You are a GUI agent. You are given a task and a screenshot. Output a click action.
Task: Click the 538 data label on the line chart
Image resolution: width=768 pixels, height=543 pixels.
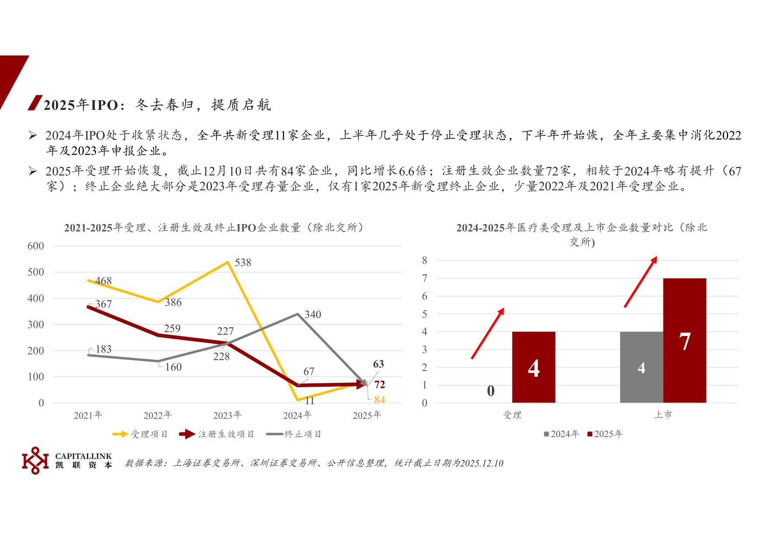[243, 263]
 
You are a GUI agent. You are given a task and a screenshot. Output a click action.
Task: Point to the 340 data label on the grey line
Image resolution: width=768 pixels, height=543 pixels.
[313, 315]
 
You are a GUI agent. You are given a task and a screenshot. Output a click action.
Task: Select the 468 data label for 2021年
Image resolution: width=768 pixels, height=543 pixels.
[103, 281]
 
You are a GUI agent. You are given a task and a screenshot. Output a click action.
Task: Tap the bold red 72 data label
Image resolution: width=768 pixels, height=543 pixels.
[380, 385]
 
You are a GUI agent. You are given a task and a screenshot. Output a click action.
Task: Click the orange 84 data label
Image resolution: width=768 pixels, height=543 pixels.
[380, 399]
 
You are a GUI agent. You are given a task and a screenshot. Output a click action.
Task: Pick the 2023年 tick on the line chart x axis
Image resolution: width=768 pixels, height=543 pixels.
[227, 415]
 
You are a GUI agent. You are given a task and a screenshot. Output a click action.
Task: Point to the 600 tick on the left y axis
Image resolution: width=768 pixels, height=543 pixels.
[35, 246]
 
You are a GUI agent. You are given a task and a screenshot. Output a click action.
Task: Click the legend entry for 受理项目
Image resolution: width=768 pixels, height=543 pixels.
[140, 434]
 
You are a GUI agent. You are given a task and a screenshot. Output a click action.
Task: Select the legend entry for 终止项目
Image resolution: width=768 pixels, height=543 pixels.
[294, 434]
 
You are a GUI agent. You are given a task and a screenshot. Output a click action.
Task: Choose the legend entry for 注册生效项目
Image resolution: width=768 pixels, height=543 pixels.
[217, 434]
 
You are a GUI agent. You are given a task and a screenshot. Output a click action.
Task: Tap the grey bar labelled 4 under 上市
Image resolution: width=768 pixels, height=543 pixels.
[641, 368]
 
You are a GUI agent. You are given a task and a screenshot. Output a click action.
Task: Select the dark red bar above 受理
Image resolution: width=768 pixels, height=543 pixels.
[533, 368]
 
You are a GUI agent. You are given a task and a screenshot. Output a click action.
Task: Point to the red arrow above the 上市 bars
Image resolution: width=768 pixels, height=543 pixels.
[641, 282]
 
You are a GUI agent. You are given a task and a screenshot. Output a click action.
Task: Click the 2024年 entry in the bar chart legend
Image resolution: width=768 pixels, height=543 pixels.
[561, 434]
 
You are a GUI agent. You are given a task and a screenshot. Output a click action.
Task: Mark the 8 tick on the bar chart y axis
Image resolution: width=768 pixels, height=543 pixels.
[424, 260]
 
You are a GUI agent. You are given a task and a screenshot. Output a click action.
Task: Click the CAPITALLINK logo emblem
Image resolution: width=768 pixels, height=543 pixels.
[35, 460]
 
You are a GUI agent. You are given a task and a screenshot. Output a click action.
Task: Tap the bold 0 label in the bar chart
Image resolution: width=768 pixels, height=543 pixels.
[491, 391]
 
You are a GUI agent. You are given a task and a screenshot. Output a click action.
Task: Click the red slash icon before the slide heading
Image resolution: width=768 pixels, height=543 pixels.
[35, 103]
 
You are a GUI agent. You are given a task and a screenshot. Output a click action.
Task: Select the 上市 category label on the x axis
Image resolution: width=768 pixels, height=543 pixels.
[663, 415]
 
